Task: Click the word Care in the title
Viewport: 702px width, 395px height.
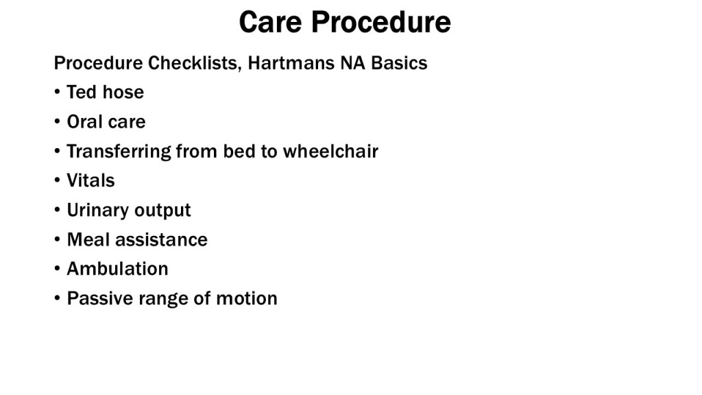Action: (x=270, y=21)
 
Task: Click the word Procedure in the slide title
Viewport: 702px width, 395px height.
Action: (x=381, y=21)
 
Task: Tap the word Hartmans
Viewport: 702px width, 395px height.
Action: (x=291, y=62)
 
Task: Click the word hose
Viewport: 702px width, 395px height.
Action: (x=123, y=93)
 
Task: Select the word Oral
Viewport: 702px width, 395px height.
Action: (x=82, y=122)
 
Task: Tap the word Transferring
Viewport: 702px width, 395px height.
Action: (x=119, y=152)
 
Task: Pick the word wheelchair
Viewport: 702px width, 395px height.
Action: (x=330, y=152)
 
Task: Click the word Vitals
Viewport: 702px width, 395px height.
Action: (x=91, y=180)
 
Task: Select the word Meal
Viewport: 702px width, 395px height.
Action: (x=88, y=239)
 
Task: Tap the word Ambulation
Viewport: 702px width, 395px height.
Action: (x=117, y=269)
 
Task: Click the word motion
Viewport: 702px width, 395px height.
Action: (x=247, y=298)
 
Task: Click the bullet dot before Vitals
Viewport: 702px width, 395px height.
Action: (x=57, y=180)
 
